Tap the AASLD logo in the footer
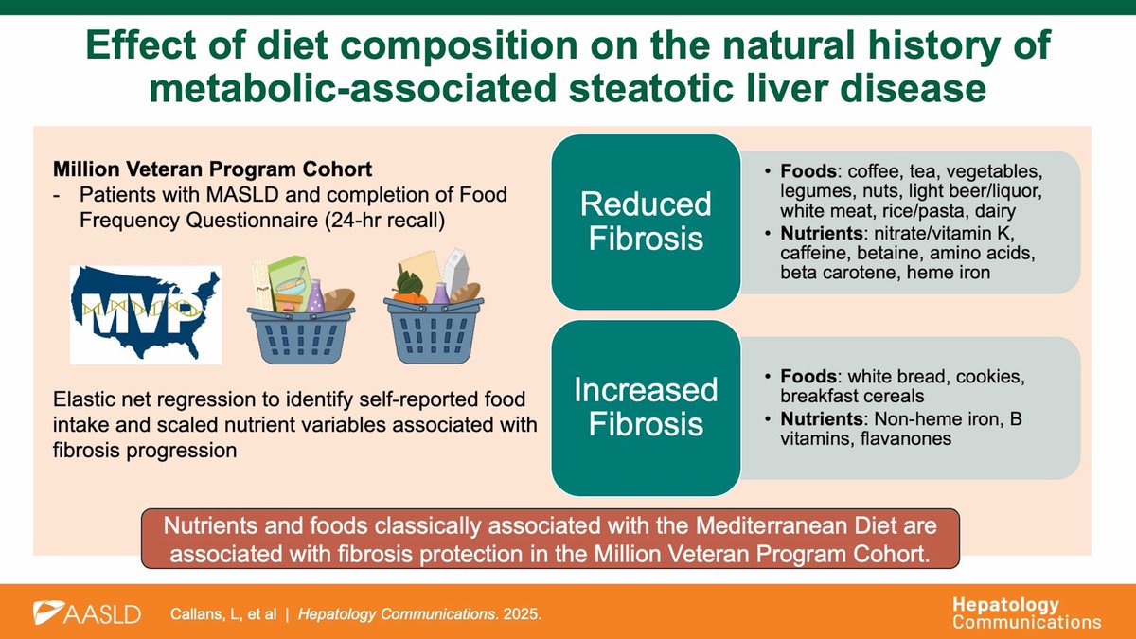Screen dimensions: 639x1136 pyautogui.click(x=87, y=613)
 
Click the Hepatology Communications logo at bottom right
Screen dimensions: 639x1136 pyautogui.click(x=1026, y=613)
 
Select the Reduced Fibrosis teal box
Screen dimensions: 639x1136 pyautogui.click(x=646, y=222)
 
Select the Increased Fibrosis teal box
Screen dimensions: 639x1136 pyautogui.click(x=646, y=407)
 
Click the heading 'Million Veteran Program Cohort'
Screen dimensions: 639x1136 pyautogui.click(x=213, y=170)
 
